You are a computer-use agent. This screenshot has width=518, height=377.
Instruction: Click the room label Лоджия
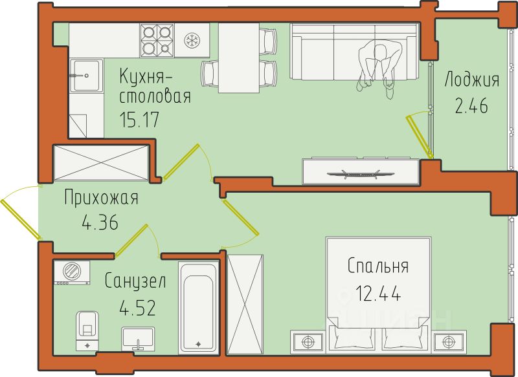(x=472, y=80)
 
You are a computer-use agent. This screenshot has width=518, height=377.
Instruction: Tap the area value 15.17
(x=139, y=120)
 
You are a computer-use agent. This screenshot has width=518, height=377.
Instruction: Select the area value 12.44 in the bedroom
(x=379, y=293)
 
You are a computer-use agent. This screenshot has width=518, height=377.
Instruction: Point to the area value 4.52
(x=137, y=308)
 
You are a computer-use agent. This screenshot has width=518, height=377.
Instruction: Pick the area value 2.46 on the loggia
(x=471, y=106)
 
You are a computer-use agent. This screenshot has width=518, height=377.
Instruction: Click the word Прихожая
(x=101, y=198)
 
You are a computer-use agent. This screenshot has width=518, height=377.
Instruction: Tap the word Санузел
(x=135, y=281)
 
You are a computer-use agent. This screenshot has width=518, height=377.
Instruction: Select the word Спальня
(x=378, y=266)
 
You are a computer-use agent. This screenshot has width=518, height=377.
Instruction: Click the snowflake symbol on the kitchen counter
(x=190, y=40)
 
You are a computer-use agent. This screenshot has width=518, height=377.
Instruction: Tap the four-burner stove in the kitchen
(x=157, y=40)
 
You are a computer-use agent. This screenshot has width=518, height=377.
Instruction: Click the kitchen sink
(x=85, y=76)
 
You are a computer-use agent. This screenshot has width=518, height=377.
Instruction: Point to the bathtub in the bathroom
(x=198, y=307)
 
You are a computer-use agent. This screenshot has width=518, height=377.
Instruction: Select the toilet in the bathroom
(x=87, y=330)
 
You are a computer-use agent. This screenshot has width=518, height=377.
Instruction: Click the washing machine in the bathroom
(x=72, y=272)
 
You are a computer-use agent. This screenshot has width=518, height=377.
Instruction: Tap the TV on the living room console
(x=361, y=174)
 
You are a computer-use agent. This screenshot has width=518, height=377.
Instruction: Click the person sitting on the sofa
(x=380, y=67)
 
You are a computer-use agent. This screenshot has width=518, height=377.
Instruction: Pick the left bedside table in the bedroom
(x=308, y=341)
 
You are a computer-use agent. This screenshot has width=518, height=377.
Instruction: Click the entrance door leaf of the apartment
(x=21, y=219)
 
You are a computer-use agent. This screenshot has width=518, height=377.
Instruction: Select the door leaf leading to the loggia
(x=420, y=136)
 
